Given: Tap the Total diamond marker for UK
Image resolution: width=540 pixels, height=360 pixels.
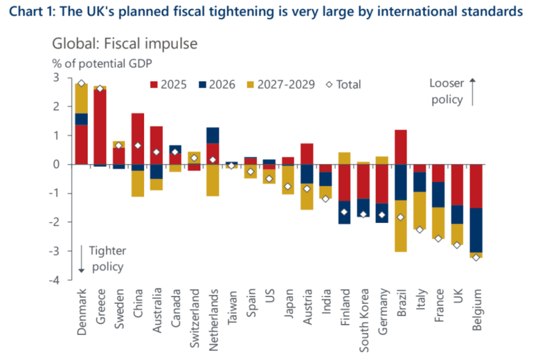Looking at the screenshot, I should point(457,245).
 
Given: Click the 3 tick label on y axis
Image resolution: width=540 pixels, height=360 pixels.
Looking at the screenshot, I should point(63,78).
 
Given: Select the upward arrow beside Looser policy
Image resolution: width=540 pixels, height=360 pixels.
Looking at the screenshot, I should point(472,92).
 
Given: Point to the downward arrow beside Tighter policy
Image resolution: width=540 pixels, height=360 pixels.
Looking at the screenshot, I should point(82,259).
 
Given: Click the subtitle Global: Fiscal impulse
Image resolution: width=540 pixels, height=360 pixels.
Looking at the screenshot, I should point(125,43).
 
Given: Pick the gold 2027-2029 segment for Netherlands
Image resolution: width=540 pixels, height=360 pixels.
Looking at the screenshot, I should point(214,180).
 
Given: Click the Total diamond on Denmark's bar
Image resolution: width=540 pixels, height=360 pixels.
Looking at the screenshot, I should point(82,83).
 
